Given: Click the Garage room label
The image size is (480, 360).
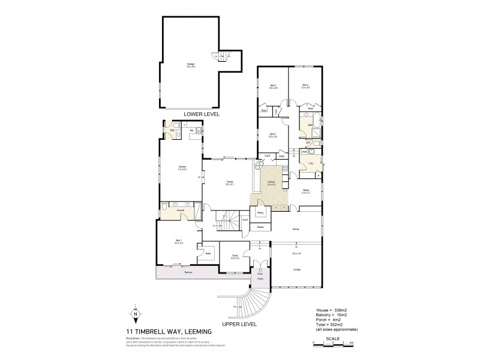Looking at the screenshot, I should (190, 65).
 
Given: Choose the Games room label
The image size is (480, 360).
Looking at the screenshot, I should (182, 167).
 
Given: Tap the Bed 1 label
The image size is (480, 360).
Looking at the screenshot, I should (178, 241).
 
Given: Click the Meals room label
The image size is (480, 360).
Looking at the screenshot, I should (305, 191).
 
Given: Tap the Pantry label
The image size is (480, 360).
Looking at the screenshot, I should (260, 213).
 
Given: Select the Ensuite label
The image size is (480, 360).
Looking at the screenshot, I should (180, 211).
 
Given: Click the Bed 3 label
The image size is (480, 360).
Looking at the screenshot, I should (273, 86).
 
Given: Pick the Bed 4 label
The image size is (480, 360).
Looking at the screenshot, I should (273, 135).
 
